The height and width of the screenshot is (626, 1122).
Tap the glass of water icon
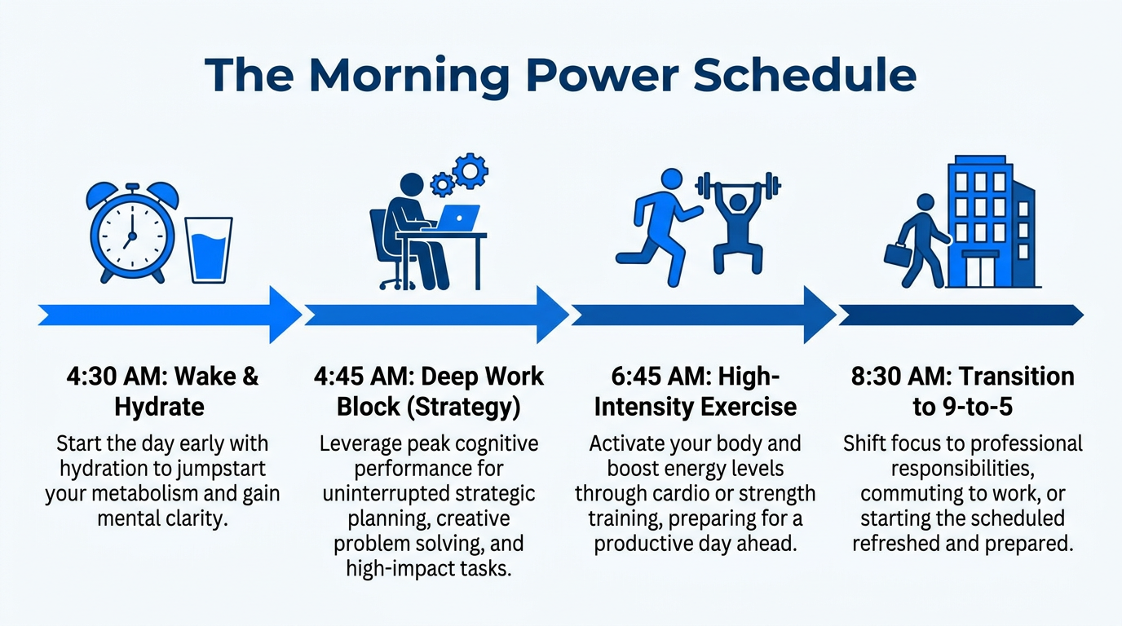tap(208, 250)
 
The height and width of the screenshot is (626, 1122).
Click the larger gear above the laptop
tap(470, 171)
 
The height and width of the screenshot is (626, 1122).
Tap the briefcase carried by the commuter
tap(898, 253)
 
